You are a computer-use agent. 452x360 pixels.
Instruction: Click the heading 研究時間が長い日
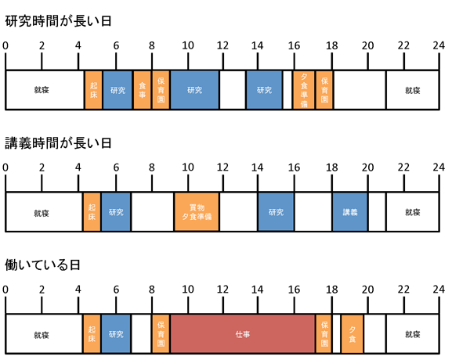[58, 21]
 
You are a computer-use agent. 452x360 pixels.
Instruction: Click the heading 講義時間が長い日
[58, 143]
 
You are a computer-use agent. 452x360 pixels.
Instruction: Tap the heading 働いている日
[42, 265]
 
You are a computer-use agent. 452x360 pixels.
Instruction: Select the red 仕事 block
[242, 334]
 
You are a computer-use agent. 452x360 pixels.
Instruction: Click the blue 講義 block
[350, 212]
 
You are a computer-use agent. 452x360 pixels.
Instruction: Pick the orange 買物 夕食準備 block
[197, 212]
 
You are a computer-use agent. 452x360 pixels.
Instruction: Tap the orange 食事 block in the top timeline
[142, 90]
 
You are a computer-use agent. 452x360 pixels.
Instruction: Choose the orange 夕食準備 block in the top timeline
[304, 90]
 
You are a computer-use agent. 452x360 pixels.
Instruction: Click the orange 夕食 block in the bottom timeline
[352, 334]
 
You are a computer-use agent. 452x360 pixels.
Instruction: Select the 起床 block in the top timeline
[93, 90]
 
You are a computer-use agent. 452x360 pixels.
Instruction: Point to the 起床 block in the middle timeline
[92, 212]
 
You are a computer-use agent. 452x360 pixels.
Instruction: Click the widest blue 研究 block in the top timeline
[194, 90]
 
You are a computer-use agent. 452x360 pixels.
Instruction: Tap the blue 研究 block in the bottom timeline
[116, 334]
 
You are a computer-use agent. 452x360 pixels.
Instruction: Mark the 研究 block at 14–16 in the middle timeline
[277, 212]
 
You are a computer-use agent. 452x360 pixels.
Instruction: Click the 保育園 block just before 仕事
[161, 334]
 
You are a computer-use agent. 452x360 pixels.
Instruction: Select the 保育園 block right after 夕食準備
[324, 90]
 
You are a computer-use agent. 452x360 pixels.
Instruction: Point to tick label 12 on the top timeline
[222, 45]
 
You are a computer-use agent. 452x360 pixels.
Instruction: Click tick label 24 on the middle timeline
[439, 167]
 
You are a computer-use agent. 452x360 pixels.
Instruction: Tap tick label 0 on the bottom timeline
[5, 290]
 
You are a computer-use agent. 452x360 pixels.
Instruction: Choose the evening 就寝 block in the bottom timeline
[413, 334]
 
